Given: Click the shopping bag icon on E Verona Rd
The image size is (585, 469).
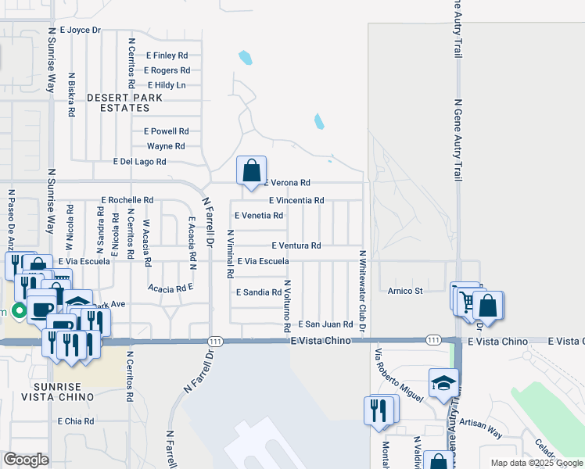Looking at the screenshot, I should point(251,170).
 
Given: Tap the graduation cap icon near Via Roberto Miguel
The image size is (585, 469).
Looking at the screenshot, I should point(443,383).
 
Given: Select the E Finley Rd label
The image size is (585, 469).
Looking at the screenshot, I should point(167,56).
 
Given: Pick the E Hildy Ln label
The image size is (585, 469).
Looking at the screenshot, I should point(164,85).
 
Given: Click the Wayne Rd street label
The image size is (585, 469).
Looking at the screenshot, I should point(166,146).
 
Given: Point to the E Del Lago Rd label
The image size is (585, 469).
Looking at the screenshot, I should point(139,162).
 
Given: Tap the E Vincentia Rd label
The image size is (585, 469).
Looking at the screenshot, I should point(296,201).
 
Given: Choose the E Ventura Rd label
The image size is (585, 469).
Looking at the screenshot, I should point(296,245).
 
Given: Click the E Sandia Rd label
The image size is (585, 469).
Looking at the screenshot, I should point(258,292).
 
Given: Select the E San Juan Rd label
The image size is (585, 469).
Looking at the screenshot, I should point(326,324).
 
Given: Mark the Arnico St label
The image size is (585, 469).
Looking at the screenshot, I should point(405,291).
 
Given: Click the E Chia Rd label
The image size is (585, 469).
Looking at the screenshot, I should point(76,421).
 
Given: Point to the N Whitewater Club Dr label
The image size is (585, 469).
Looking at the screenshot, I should point(363,290).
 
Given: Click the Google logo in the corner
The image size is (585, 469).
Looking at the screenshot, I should point(26,460).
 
